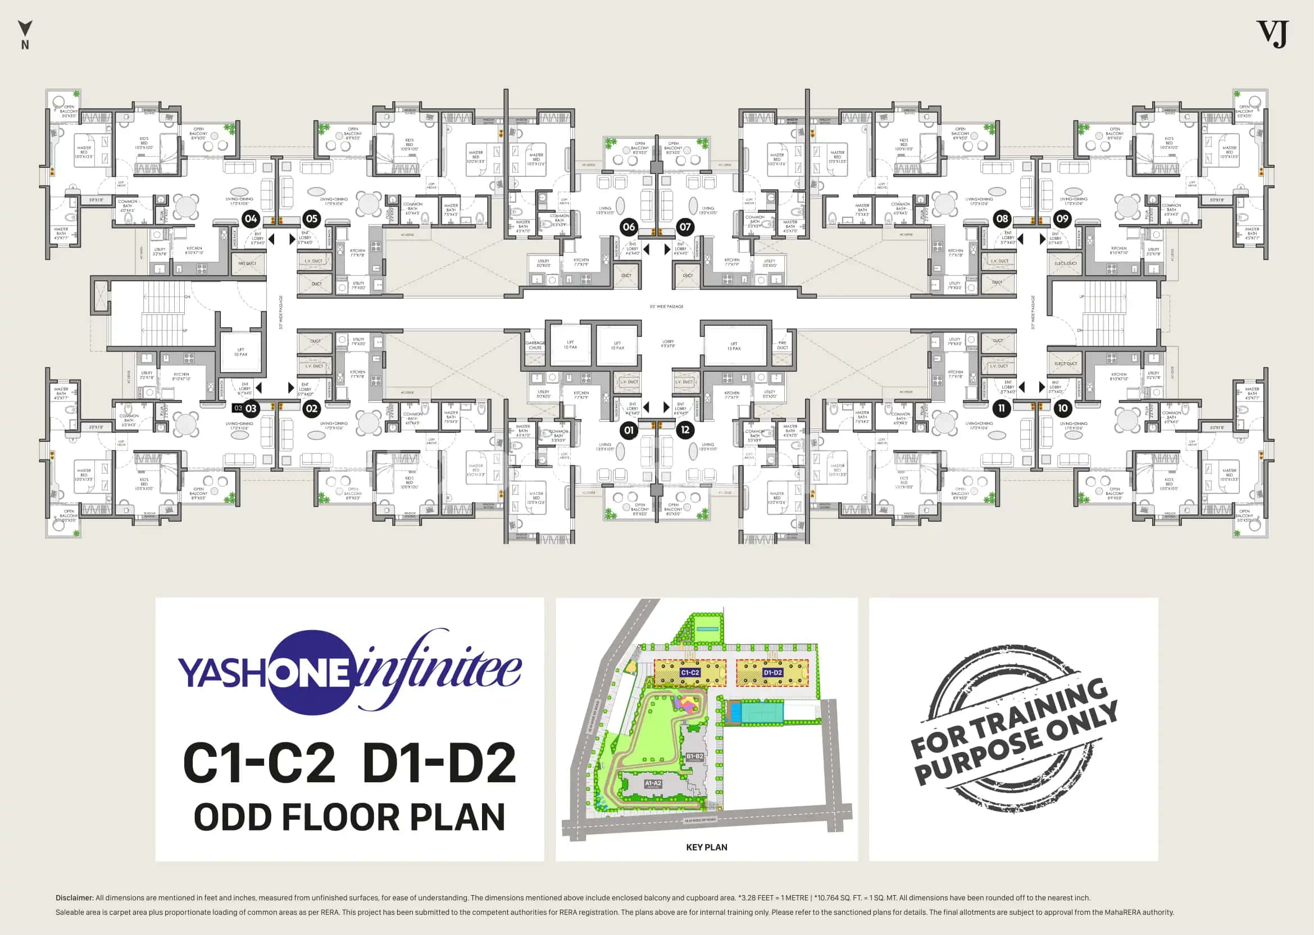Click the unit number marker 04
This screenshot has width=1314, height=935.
(251, 219)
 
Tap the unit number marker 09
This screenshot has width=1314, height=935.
(1062, 219)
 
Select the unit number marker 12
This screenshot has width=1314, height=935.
(685, 430)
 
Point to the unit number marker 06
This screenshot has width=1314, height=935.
(629, 227)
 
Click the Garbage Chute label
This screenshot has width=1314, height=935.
(535, 345)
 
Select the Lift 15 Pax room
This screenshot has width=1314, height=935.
(734, 345)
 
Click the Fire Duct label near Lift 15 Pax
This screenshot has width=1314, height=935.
(782, 345)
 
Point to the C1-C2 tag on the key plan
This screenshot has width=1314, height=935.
(690, 672)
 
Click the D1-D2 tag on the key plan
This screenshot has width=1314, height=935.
(772, 672)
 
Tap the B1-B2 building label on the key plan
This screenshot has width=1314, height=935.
(694, 756)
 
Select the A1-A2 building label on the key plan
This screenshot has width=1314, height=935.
(653, 783)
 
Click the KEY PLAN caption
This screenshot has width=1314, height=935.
(707, 847)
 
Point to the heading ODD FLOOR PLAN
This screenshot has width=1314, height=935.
(349, 817)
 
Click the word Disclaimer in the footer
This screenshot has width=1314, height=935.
(74, 897)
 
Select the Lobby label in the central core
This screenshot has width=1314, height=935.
(668, 344)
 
